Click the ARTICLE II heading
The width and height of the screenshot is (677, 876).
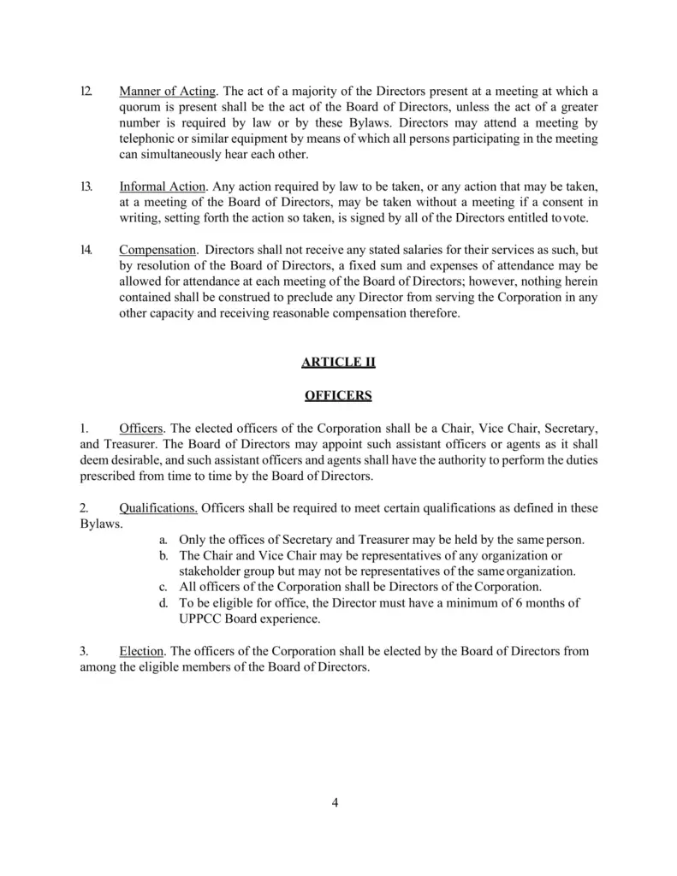(338, 362)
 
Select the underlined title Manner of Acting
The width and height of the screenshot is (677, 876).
(167, 92)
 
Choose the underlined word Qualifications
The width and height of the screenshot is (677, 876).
(158, 507)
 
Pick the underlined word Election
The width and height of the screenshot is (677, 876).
(142, 651)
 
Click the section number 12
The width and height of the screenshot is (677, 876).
(86, 92)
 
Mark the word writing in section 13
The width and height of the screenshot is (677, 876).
(140, 217)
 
